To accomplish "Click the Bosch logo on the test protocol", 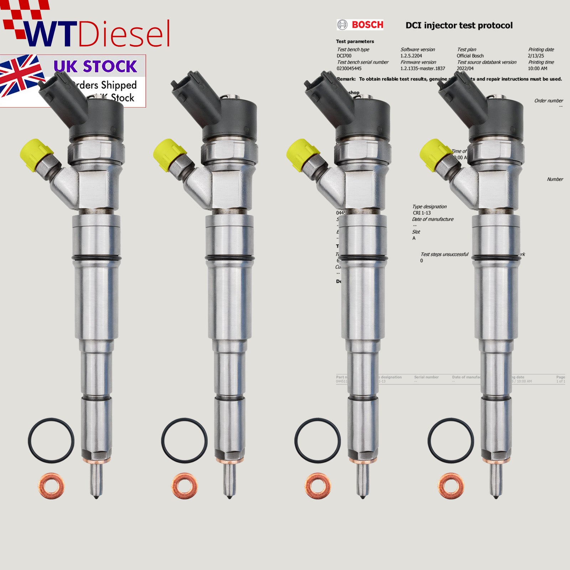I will pos(360,25).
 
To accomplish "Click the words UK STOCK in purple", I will pos(95,67).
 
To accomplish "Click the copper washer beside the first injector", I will pos(51,485).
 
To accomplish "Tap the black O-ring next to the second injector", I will pos(184,441).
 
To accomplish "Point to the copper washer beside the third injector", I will pos(318,485).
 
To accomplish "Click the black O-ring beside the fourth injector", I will pos(451,441).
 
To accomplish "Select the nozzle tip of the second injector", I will pos(229,484).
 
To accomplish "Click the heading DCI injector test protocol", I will pos(459,25).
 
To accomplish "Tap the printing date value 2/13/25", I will pos(536,56).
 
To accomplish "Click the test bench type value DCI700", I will pos(344,56).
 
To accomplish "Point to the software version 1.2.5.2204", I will pos(411,56).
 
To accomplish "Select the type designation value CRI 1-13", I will pos(422,213).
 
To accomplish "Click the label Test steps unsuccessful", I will pos(444,254).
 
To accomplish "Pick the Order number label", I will pos(548,101).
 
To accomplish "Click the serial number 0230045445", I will pos(349,68).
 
